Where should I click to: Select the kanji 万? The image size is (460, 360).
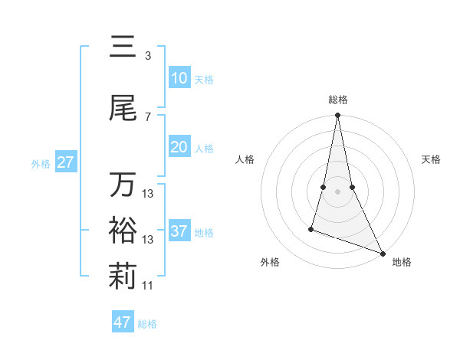pos(123,186)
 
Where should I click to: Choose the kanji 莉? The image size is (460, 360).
pos(123,278)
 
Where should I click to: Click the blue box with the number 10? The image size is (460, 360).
pos(179,78)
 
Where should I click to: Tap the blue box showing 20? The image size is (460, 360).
pos(179,148)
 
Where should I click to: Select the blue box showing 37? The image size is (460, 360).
pos(179,231)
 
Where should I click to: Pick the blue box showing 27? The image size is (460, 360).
pos(66,162)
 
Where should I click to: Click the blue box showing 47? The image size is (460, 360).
pos(123,322)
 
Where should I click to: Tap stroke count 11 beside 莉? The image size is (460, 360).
pos(148,286)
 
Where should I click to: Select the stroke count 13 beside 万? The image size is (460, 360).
pos(148,194)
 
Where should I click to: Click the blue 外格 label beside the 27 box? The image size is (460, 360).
pos(41,163)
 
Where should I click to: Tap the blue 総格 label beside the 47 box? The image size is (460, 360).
pos(147,324)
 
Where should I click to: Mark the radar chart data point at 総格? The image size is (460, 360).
pos(337,115)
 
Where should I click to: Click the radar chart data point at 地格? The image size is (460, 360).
pos(382,254)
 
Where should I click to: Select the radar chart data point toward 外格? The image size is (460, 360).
pos(311,228)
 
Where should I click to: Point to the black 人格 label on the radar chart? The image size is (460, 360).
pos(245,159)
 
